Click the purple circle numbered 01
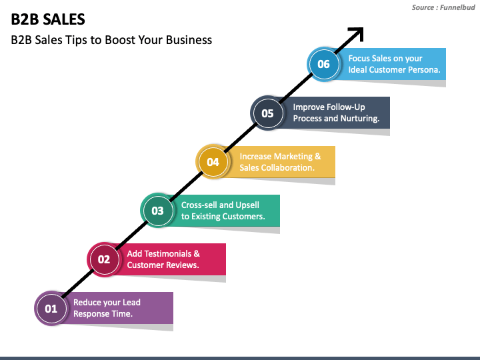(x=51, y=308)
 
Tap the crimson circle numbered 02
(x=104, y=259)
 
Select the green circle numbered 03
(x=157, y=211)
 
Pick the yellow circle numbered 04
(x=213, y=161)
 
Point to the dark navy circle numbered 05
(x=267, y=113)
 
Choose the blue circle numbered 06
(x=323, y=64)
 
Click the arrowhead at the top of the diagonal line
(x=357, y=33)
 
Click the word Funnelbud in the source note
(x=457, y=7)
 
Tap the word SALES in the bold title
(x=64, y=19)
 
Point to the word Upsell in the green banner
(x=247, y=205)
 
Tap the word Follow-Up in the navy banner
(x=346, y=107)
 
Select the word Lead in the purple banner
(x=131, y=303)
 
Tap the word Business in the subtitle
(x=189, y=40)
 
